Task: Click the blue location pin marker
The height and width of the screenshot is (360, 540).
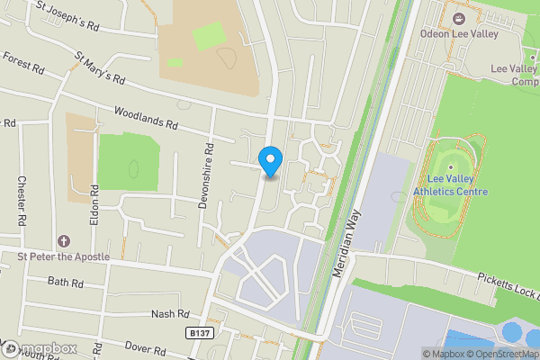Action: (270, 161)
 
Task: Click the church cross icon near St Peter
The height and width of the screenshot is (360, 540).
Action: (63, 241)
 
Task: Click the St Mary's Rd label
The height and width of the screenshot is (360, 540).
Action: (99, 71)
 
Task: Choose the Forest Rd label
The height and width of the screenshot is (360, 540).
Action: (24, 60)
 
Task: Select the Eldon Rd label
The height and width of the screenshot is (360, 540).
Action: (93, 203)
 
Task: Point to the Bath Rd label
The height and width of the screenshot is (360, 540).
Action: (66, 283)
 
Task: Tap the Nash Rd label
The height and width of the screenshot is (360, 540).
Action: (171, 314)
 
